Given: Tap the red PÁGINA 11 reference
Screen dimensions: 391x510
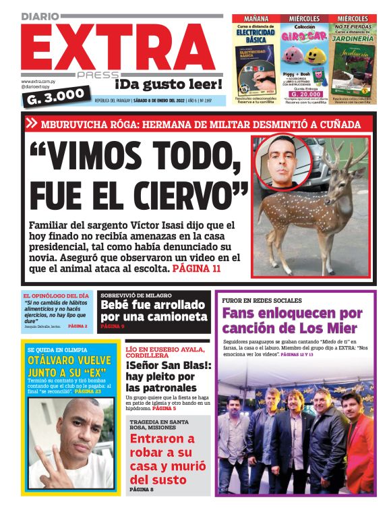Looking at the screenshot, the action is (197, 268).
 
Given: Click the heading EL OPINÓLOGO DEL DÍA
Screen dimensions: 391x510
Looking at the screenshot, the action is (55, 295).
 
